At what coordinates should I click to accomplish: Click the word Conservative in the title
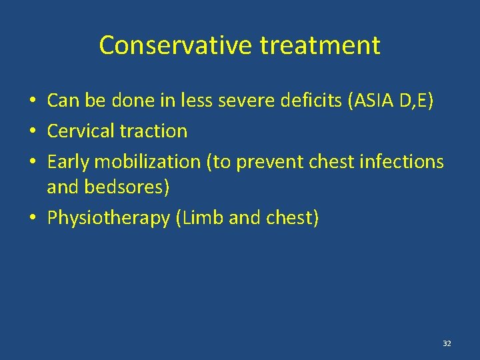175,45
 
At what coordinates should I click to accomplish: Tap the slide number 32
447,343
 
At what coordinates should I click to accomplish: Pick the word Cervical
79,131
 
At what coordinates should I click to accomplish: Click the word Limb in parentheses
202,218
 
